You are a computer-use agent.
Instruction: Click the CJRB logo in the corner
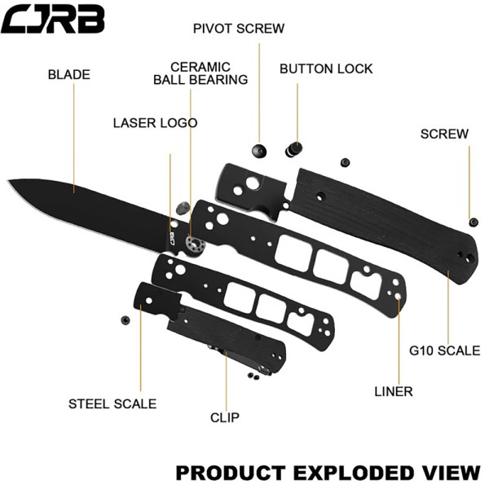pyautogui.click(x=52, y=19)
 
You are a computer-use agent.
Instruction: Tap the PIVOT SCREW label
pyautogui.click(x=239, y=29)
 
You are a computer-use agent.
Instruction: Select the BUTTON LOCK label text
pyautogui.click(x=326, y=68)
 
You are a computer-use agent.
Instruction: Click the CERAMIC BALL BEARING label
pyautogui.click(x=200, y=73)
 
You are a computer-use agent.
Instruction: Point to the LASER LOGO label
pyautogui.click(x=155, y=123)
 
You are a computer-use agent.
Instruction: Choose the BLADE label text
pyautogui.click(x=69, y=74)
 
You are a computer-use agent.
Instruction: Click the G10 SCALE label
pyautogui.click(x=444, y=350)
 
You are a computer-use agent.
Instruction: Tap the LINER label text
pyautogui.click(x=394, y=391)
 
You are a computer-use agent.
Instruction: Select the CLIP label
pyautogui.click(x=225, y=417)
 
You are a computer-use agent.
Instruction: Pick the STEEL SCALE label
pyautogui.click(x=112, y=404)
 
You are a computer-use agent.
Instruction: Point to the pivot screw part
pyautogui.click(x=259, y=151)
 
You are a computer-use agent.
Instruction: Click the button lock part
pyautogui.click(x=293, y=149)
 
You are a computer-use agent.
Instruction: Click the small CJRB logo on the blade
pyautogui.click(x=170, y=238)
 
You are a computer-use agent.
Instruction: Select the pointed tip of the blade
pyautogui.click(x=8, y=180)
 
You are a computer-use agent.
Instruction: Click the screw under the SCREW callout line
pyautogui.click(x=474, y=222)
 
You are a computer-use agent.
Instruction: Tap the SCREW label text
pyautogui.click(x=444, y=134)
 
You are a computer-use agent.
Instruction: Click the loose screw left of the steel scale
pyautogui.click(x=125, y=320)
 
